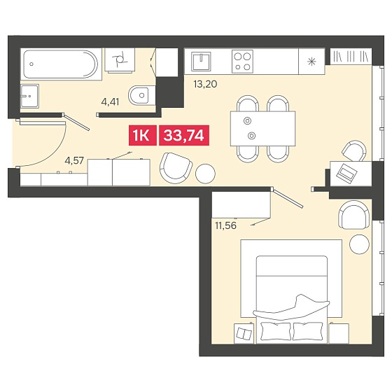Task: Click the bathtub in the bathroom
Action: pyautogui.click(x=61, y=64)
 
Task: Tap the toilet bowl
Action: pyautogui.click(x=141, y=95)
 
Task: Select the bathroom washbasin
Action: pyautogui.click(x=29, y=96)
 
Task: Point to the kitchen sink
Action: pyautogui.click(x=201, y=62)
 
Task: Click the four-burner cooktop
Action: pyautogui.click(x=242, y=62)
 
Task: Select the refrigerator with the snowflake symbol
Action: pyautogui.click(x=311, y=62)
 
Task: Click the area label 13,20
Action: pyautogui.click(x=205, y=84)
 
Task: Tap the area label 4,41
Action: pyautogui.click(x=110, y=102)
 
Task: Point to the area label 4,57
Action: pyautogui.click(x=74, y=160)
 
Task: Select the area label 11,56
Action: pyautogui.click(x=225, y=225)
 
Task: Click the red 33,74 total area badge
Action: pyautogui.click(x=184, y=135)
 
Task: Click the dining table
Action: pyautogui.click(x=262, y=129)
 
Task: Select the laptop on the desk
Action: pyautogui.click(x=346, y=172)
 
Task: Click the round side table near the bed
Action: pyautogui.click(x=359, y=244)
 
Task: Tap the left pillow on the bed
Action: pyautogui.click(x=276, y=331)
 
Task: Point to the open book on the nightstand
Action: pyautogui.click(x=244, y=334)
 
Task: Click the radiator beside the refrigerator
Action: pyautogui.click(x=351, y=56)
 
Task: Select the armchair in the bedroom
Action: pyautogui.click(x=353, y=214)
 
